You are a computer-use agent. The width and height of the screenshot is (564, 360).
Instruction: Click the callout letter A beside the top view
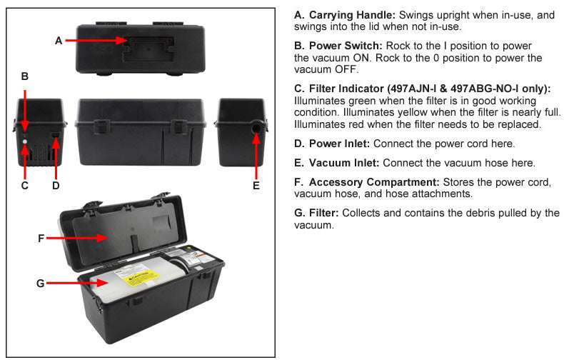click(x=59, y=41)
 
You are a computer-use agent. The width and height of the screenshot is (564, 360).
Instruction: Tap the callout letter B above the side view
click(x=25, y=76)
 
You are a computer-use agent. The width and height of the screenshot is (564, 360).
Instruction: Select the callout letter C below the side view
click(x=25, y=186)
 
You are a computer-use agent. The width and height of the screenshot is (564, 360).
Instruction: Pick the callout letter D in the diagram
click(x=56, y=186)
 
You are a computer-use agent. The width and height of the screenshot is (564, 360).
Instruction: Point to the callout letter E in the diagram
click(x=256, y=186)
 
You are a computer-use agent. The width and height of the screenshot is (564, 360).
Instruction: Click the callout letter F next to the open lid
click(x=41, y=238)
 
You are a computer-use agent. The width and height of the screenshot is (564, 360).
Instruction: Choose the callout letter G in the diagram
click(x=41, y=284)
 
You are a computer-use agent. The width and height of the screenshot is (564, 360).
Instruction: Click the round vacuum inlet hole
click(x=256, y=129)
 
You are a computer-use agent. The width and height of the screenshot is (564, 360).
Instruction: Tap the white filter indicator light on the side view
click(x=24, y=142)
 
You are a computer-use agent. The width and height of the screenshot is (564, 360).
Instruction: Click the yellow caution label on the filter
click(x=141, y=279)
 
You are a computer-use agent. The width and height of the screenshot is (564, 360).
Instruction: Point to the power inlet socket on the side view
click(x=56, y=136)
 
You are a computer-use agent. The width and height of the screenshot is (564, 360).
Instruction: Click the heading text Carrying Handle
click(x=352, y=15)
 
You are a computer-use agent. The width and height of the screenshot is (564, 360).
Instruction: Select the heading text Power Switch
click(x=346, y=46)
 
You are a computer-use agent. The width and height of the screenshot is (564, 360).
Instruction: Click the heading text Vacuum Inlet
click(x=344, y=163)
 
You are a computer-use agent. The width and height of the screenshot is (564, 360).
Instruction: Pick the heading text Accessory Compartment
click(x=374, y=182)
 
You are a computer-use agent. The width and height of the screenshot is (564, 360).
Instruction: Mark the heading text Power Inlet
click(x=339, y=144)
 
